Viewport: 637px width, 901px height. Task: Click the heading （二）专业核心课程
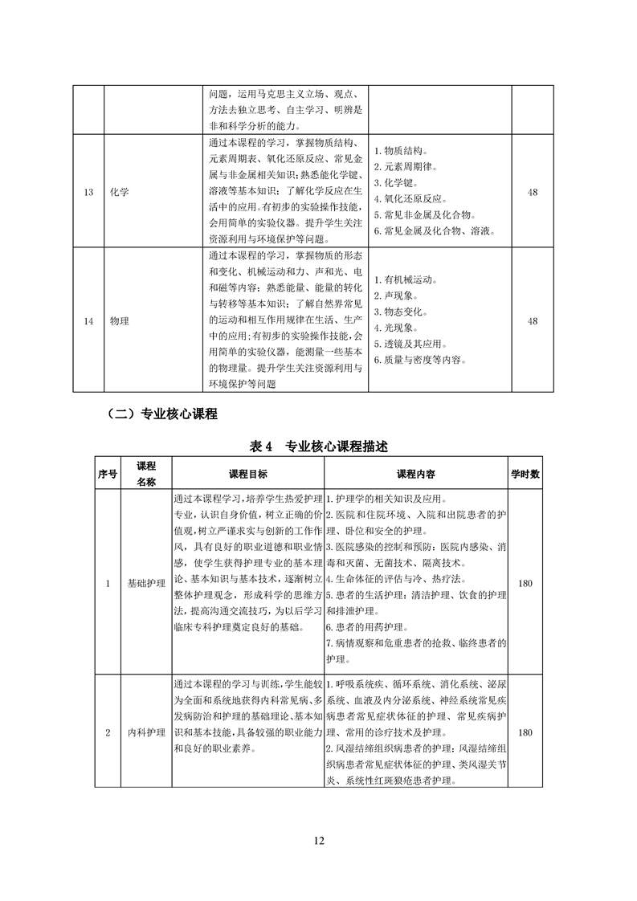pos(161,414)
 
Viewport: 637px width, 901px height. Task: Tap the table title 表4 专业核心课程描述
pos(320,446)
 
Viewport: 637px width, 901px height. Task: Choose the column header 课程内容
pos(416,474)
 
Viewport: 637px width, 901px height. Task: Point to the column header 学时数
pos(525,474)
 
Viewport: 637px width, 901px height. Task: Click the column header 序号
pos(107,474)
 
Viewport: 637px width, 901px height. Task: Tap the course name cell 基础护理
pos(146,584)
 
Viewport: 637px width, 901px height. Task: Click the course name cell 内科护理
pos(146,733)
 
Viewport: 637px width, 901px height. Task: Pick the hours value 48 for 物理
pos(533,321)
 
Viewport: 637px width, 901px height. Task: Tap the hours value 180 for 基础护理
pos(525,584)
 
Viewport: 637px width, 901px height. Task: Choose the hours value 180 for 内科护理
pos(525,733)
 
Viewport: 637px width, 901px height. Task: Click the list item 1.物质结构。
pos(406,150)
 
